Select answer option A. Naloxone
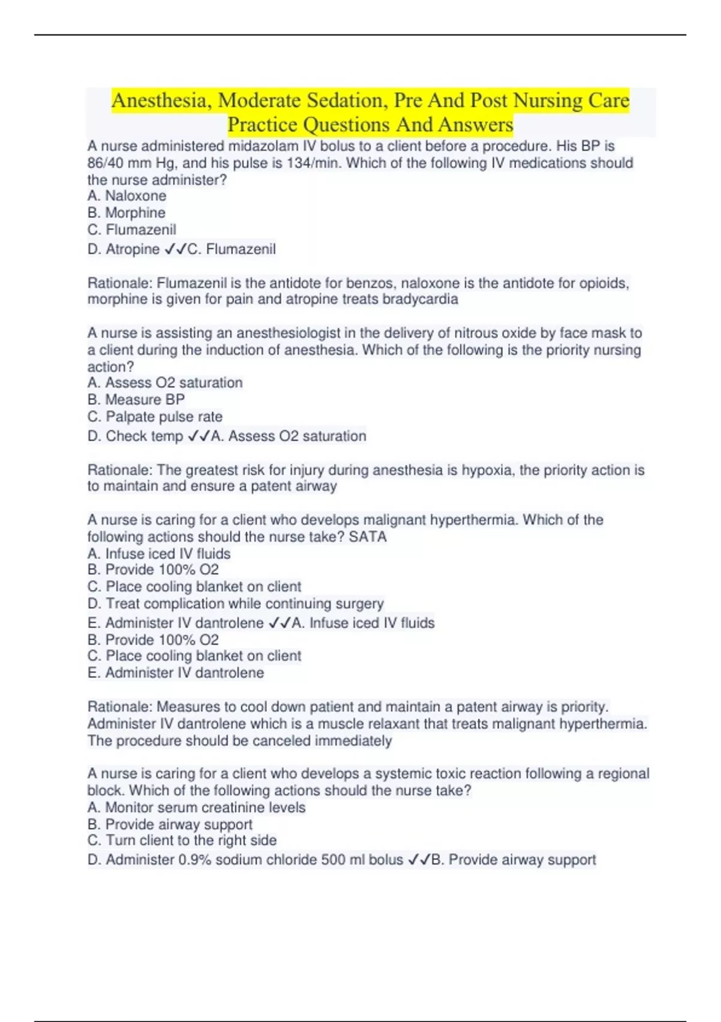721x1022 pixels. click(x=127, y=195)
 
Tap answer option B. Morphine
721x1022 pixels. click(x=126, y=212)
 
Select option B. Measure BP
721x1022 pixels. click(x=136, y=399)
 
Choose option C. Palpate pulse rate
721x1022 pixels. click(x=154, y=416)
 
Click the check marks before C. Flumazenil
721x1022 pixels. click(x=175, y=249)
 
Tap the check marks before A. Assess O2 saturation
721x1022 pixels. click(x=198, y=436)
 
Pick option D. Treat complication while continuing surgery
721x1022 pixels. click(x=235, y=603)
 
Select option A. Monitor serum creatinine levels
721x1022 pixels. click(x=196, y=807)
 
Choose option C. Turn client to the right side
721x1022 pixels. click(x=182, y=840)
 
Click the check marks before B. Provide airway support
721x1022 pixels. click(x=419, y=860)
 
